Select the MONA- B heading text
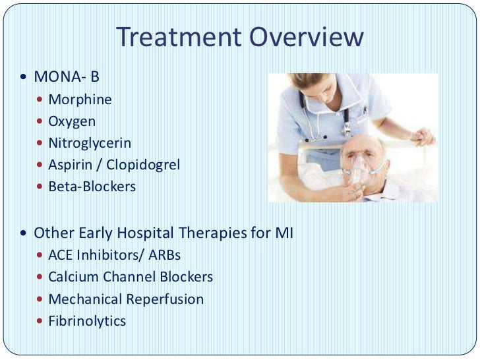pyautogui.click(x=66, y=77)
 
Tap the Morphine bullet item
pyautogui.click(x=80, y=100)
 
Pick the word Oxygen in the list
pyautogui.click(x=72, y=121)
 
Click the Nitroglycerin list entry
pyautogui.click(x=90, y=143)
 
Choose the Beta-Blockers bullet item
pyautogui.click(x=92, y=187)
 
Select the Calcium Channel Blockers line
pyautogui.click(x=130, y=277)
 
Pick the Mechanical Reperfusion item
pyautogui.click(x=125, y=299)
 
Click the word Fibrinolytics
pyautogui.click(x=86, y=321)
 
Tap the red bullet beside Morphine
pyautogui.click(x=41, y=100)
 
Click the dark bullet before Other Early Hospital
pyautogui.click(x=24, y=233)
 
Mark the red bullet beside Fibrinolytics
pyautogui.click(x=41, y=322)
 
